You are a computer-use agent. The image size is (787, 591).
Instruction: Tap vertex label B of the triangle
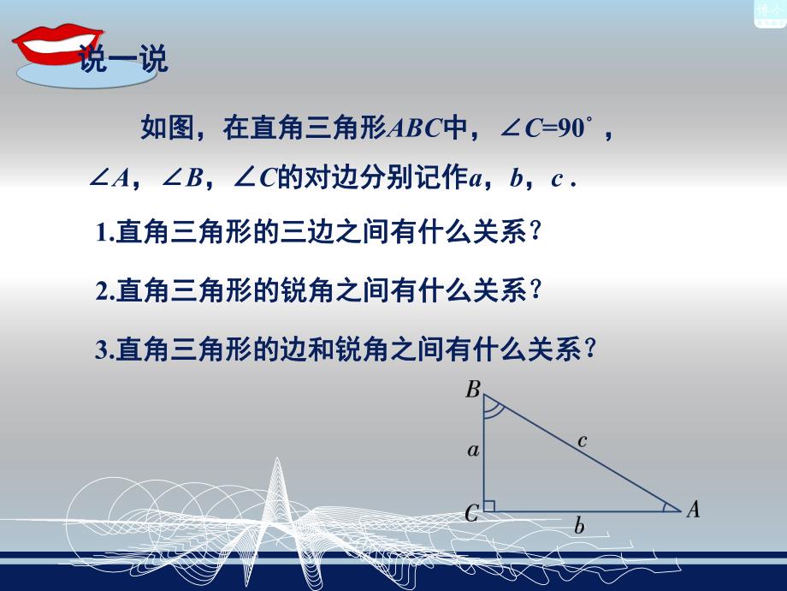(472, 391)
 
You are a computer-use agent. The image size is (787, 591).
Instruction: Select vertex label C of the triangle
(471, 513)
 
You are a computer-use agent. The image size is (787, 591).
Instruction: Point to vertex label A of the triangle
(693, 510)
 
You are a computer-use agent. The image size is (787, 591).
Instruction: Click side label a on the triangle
(472, 451)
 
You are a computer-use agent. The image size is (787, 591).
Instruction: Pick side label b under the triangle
(579, 527)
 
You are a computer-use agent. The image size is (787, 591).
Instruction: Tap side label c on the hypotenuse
(582, 440)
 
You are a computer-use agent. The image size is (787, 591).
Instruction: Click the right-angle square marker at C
(489, 506)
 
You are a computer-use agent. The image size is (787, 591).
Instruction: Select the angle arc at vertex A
(667, 507)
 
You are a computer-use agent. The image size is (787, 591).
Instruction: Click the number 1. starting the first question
(105, 233)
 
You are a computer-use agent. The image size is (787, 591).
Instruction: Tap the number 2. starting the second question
(105, 291)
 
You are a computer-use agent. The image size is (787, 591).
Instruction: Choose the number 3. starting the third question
(105, 349)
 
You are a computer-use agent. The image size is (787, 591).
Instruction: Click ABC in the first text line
(414, 129)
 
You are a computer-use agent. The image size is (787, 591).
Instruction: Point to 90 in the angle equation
(570, 129)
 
